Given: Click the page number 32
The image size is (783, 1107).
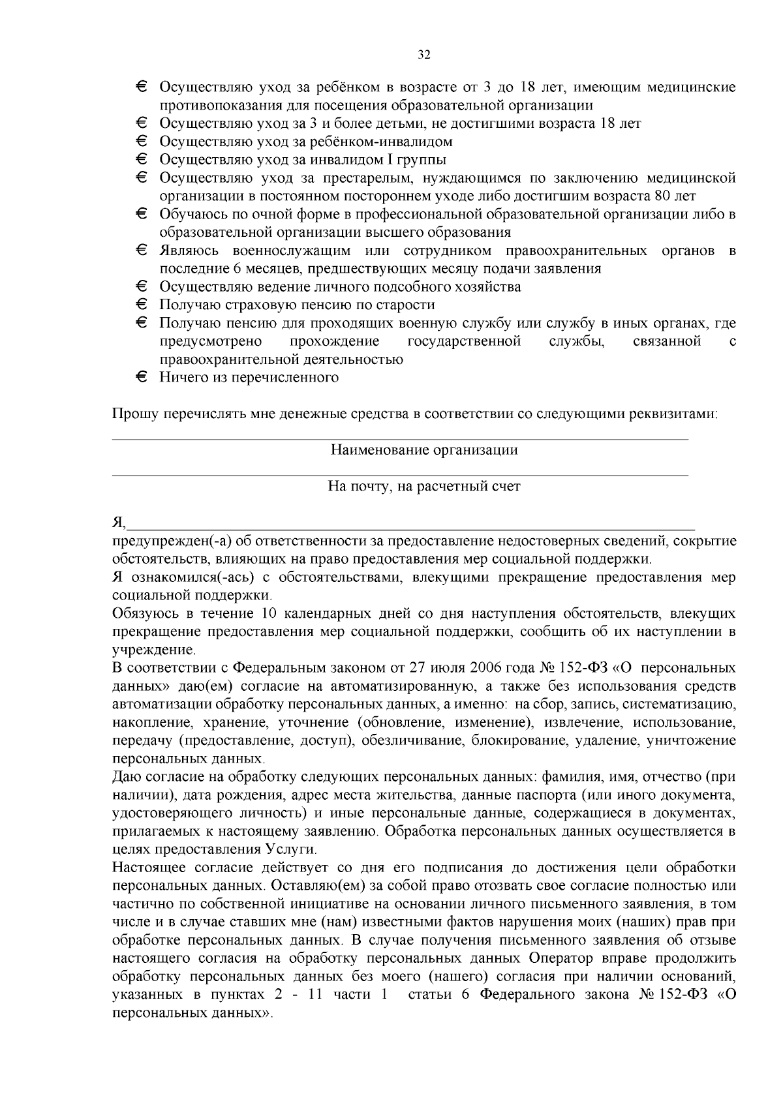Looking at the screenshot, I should pos(423,55).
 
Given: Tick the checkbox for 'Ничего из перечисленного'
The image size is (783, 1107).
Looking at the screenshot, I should pos(142,377).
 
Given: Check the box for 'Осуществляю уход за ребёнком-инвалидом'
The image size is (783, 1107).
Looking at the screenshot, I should pos(142,141).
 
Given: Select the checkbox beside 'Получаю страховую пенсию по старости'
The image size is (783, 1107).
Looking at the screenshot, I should pos(142,305).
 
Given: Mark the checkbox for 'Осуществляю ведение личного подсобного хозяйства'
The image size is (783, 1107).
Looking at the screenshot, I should pos(142,286).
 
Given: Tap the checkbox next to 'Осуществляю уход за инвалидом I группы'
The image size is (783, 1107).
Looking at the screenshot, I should pos(142,159).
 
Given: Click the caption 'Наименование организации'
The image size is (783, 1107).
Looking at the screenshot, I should pos(423,449).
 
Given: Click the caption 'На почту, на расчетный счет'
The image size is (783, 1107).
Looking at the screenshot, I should pos(423,486).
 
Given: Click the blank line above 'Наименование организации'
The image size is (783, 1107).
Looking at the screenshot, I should pos(400,439).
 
